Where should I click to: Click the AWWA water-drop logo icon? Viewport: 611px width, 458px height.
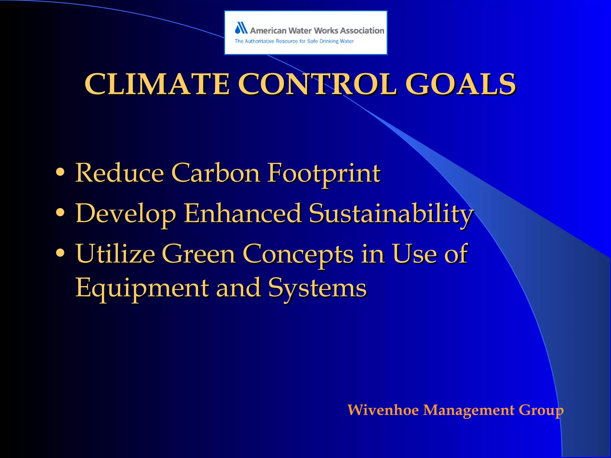pyautogui.click(x=241, y=28)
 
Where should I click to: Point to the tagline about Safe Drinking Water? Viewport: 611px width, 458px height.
pyautogui.click(x=294, y=41)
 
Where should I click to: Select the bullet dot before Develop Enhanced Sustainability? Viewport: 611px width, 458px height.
pyautogui.click(x=60, y=213)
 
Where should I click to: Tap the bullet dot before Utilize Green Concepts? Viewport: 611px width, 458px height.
pyautogui.click(x=60, y=253)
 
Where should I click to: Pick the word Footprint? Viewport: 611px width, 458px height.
pyautogui.click(x=324, y=174)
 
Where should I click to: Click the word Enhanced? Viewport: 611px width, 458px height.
pyautogui.click(x=242, y=213)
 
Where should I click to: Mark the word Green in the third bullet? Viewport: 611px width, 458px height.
pyautogui.click(x=198, y=254)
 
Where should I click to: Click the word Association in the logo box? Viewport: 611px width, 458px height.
pyautogui.click(x=362, y=30)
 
